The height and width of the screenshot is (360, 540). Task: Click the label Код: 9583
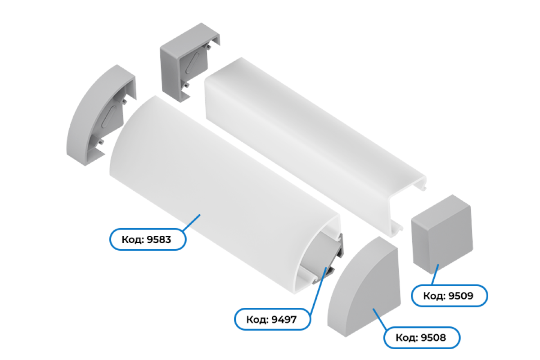(148, 239)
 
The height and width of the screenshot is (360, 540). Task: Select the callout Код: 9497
(272, 319)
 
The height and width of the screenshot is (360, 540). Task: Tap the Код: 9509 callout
(449, 296)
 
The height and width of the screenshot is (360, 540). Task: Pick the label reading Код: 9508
(422, 337)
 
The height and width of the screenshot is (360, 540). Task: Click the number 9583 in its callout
(159, 239)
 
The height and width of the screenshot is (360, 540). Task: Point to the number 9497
(284, 319)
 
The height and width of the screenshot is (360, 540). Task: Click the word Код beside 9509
(434, 296)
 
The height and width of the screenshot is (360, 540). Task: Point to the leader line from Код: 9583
(192, 223)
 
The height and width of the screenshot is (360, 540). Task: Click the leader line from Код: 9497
(319, 291)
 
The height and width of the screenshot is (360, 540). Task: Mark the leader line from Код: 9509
(435, 274)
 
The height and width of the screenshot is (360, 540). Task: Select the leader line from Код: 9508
(380, 319)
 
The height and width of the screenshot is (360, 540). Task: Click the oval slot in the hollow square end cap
(193, 63)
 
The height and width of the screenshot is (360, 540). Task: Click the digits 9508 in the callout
(433, 338)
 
